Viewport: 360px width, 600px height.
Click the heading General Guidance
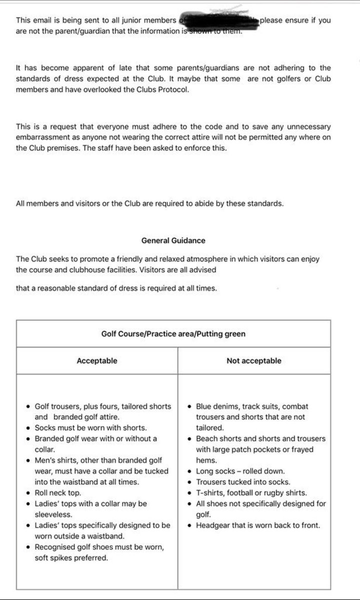[173, 240]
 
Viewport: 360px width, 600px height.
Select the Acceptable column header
[97, 360]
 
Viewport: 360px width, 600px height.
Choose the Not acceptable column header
[253, 360]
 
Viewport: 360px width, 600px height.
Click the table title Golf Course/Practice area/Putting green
[173, 333]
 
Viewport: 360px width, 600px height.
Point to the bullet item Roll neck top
[58, 492]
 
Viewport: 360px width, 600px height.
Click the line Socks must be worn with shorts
[83, 427]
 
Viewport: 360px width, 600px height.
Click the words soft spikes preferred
[71, 557]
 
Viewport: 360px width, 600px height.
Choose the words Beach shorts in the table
[217, 438]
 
